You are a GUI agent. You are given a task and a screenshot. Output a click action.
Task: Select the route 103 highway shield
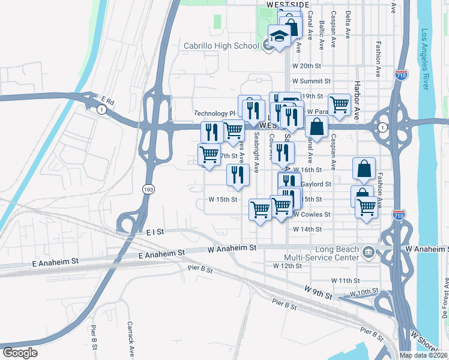coord(148,189)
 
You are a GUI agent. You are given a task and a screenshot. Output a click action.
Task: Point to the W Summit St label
coord(311,81)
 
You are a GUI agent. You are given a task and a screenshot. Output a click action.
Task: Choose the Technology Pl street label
coord(215,113)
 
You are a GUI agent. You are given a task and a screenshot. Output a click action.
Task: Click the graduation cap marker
coord(279,35)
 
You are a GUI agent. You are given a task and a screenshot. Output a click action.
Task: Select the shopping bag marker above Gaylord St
coord(364,169)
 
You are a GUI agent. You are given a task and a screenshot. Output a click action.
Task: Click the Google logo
coord(20,352)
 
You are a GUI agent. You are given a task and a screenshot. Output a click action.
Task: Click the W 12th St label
coord(287,265)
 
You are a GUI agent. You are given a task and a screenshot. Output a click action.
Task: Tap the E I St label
coord(155,230)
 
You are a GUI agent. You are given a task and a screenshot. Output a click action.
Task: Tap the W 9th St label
coord(318,295)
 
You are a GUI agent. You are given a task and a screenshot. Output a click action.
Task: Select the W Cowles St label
coord(311,214)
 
